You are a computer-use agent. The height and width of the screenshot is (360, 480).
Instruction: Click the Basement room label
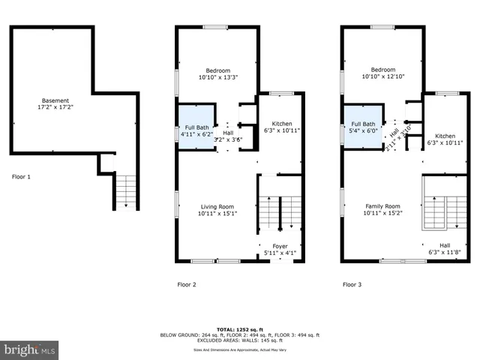click(55, 100)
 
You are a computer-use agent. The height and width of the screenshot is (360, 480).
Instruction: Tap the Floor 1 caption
click(22, 178)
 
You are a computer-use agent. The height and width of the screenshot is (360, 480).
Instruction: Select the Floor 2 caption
click(187, 284)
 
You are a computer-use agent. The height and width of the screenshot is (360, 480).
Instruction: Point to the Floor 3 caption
click(352, 284)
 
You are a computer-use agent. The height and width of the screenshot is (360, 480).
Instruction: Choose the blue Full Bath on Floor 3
click(363, 128)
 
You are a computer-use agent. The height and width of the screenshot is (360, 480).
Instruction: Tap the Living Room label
click(217, 206)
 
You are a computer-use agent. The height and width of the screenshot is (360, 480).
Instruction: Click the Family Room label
click(382, 206)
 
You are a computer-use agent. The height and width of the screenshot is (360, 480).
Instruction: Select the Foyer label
click(280, 246)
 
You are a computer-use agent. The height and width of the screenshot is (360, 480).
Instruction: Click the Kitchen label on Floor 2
click(282, 124)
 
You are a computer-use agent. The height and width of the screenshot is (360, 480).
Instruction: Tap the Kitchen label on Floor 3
click(445, 136)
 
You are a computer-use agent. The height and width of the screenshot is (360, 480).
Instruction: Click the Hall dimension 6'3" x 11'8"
click(445, 252)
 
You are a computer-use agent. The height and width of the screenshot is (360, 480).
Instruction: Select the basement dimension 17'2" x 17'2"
click(55, 108)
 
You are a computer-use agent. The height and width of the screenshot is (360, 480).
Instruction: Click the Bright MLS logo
click(30, 349)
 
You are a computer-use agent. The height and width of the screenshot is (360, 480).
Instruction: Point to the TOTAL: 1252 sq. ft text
click(240, 328)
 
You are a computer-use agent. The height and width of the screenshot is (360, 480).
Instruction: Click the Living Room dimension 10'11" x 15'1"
click(217, 214)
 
